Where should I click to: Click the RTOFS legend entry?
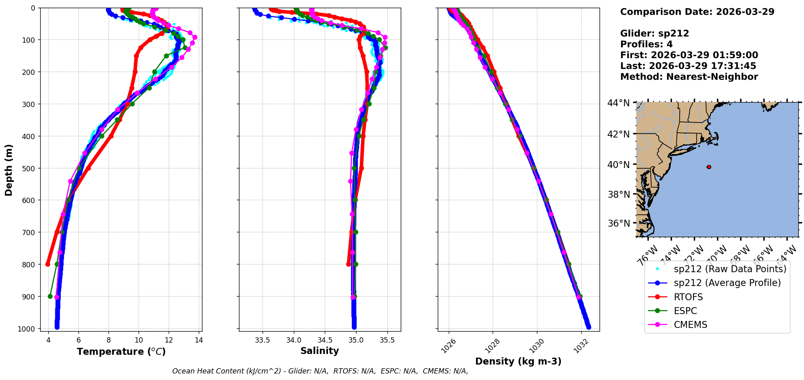coord(688,297)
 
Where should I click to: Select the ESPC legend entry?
coord(685,311)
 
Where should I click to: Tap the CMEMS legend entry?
coord(690,325)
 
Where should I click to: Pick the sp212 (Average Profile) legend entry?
coord(727,283)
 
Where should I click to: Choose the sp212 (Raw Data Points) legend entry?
coord(730,269)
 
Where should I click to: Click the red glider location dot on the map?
coord(709,167)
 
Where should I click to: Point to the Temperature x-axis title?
coord(121,352)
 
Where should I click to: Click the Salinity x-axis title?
coord(319,351)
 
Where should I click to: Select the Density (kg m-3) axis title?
coord(518,361)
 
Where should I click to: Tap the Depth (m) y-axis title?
coord(9,170)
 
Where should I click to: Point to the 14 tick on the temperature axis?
coord(199,340)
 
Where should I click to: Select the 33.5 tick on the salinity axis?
coord(263,340)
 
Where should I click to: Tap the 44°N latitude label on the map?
coord(618,103)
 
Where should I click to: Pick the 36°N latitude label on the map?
coord(618,223)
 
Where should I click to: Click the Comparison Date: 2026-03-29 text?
coord(697,12)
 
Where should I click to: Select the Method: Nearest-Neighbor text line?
coord(689,77)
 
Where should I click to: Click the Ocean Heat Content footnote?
coord(320,371)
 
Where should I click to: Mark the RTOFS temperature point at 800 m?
coord(48,264)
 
